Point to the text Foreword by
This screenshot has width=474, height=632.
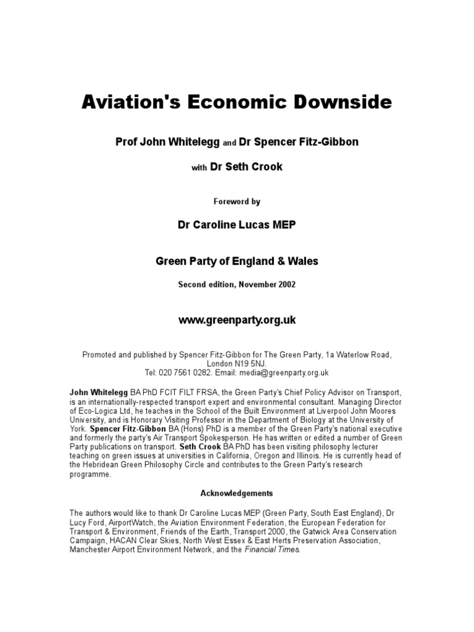point(237,201)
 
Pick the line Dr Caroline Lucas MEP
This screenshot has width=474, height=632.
point(237,225)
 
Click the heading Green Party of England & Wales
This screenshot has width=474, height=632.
point(237,261)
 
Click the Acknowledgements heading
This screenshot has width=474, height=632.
point(237,494)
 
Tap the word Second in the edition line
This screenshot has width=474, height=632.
point(193,285)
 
